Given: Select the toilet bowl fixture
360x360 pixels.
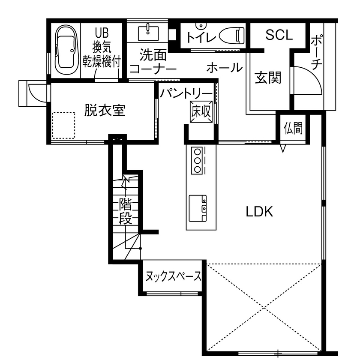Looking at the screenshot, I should pyautogui.click(x=231, y=35).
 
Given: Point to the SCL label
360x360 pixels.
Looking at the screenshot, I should pyautogui.click(x=279, y=36).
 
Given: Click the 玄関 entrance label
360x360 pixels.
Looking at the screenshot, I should pyautogui.click(x=268, y=78).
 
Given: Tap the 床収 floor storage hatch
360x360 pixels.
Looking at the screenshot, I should pyautogui.click(x=201, y=111).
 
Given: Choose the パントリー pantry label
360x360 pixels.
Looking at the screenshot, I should pyautogui.click(x=186, y=93).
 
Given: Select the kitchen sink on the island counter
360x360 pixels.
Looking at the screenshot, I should pyautogui.click(x=198, y=208).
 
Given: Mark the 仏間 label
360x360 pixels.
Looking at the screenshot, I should pyautogui.click(x=293, y=128).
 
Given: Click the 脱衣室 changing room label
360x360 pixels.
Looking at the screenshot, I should pyautogui.click(x=105, y=111).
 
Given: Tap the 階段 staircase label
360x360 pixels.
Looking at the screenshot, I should pyautogui.click(x=125, y=211).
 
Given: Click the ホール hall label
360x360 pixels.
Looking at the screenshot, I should pyautogui.click(x=224, y=67).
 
